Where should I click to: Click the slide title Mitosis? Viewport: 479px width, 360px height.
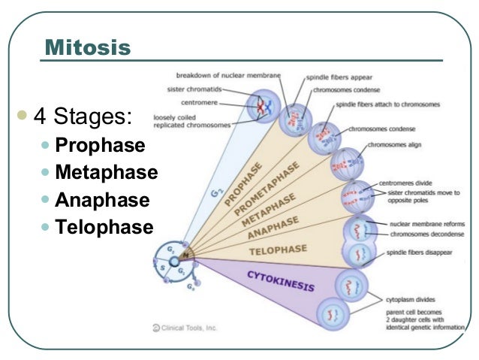pyautogui.click(x=88, y=48)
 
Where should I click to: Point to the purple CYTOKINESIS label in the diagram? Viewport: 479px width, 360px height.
pyautogui.click(x=281, y=283)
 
